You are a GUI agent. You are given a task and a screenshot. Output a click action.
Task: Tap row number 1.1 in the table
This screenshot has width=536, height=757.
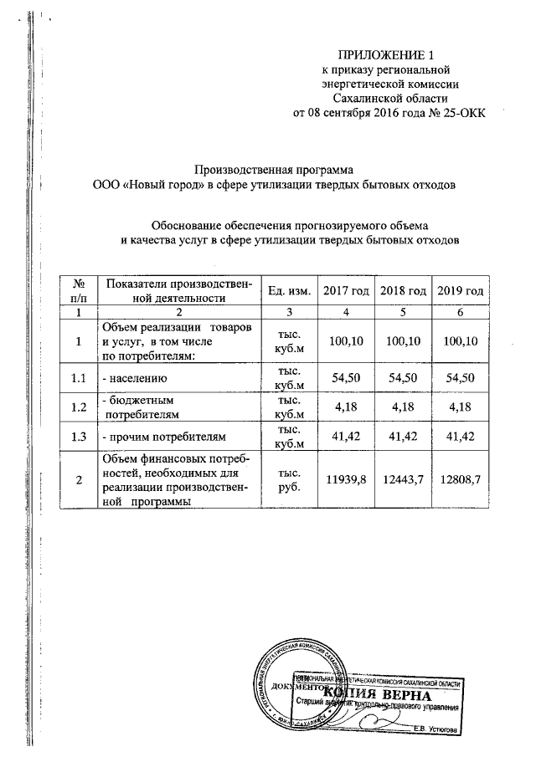[79, 378]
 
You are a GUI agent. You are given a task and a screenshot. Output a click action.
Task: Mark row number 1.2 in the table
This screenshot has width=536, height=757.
[79, 407]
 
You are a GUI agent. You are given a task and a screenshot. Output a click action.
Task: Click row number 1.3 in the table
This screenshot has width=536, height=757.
[79, 436]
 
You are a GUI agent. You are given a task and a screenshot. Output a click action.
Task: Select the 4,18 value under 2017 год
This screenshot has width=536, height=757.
[346, 407]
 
